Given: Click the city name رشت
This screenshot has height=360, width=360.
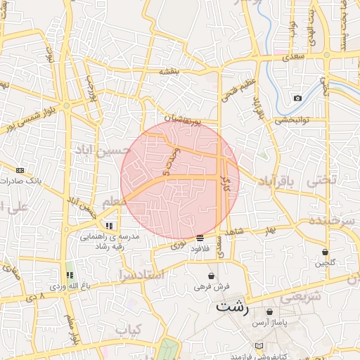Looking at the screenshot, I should coord(232,307).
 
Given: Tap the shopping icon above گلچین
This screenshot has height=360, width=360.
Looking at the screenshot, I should coord(325,252).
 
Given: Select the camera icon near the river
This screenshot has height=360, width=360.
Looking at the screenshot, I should coord(297,98).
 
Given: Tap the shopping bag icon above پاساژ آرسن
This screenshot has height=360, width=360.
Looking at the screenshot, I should coord(269,311).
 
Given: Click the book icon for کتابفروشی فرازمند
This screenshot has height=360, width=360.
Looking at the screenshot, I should coord(259,346).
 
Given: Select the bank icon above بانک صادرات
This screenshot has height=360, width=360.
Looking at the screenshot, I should coord(20,169).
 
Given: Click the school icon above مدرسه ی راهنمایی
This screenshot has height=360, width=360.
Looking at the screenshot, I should coord(108,226).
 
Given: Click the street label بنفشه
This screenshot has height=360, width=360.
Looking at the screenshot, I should coord(171,71).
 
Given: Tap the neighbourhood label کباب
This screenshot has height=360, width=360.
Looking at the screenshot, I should coord(128,329).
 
